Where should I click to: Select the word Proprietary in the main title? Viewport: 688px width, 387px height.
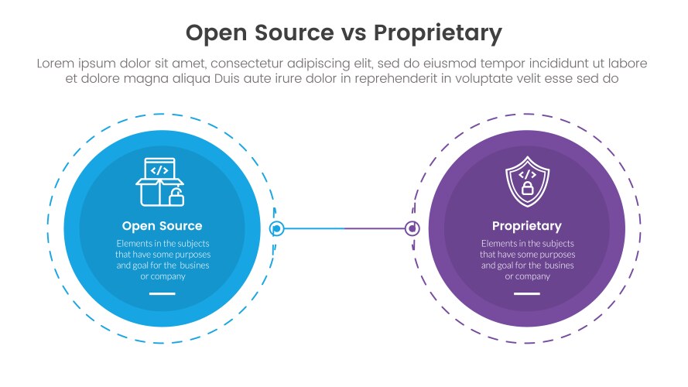[x=438, y=33]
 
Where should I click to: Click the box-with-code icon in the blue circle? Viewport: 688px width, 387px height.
[x=161, y=183]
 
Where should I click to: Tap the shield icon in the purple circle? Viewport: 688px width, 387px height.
[x=526, y=182]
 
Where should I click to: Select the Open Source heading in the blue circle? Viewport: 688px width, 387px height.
[x=162, y=226]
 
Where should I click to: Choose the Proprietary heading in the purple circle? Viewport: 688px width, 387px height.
[x=526, y=226]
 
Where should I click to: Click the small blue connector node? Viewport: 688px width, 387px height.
[x=276, y=228]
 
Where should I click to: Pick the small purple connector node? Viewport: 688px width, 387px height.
[x=412, y=228]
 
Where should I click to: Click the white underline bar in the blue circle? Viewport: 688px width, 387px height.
[x=163, y=294]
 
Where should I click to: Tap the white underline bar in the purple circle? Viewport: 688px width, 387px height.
[x=527, y=294]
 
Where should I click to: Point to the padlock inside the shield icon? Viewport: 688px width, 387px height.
[x=527, y=188]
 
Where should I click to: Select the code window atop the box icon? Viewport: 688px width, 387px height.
[x=159, y=170]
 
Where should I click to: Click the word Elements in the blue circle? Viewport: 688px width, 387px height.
[x=125, y=243]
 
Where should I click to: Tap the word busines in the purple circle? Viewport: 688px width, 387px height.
[x=557, y=265]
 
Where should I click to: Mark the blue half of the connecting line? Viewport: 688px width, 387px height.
[x=313, y=228]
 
